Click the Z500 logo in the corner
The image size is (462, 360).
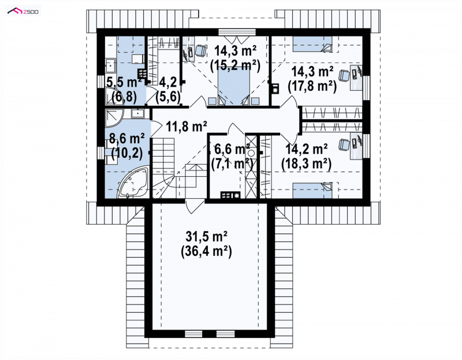pyautogui.click(x=23, y=12)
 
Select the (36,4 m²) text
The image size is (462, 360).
pyautogui.click(x=206, y=252)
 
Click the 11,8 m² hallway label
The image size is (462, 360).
pyautogui.click(x=187, y=127)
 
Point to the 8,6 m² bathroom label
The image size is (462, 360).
pyautogui.click(x=127, y=139)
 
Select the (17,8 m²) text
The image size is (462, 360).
pyautogui.click(x=312, y=87)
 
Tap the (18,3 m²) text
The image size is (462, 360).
pyautogui.click(x=307, y=164)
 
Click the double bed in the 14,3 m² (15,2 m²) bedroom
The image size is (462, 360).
pyautogui.click(x=234, y=87)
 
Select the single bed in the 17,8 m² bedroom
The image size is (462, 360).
pyautogui.click(x=312, y=44)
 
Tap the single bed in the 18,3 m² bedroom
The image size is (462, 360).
pyautogui.click(x=312, y=190)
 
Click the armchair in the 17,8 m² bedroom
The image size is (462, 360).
pyautogui.click(x=344, y=76)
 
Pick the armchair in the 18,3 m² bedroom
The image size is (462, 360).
pyautogui.click(x=344, y=144)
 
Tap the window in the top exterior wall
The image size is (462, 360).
pyautogui.click(x=237, y=32)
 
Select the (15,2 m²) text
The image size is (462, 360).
pyautogui.click(x=235, y=66)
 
